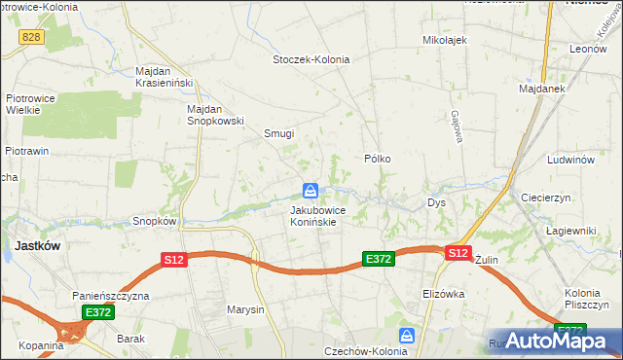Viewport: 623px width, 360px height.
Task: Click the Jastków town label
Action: click(37, 245)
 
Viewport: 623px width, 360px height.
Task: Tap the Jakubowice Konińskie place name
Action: click(313, 215)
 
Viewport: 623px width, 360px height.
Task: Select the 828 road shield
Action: click(32, 36)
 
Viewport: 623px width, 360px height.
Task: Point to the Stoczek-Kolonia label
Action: click(311, 59)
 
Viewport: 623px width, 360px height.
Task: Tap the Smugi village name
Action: click(279, 134)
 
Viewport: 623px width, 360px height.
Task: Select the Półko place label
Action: click(378, 158)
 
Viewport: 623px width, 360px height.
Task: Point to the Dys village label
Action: click(436, 203)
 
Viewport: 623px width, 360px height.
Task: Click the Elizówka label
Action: click(444, 293)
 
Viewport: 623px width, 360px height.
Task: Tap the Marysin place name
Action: click(245, 310)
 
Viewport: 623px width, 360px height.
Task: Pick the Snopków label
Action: click(154, 221)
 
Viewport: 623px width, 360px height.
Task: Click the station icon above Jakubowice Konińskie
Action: click(311, 190)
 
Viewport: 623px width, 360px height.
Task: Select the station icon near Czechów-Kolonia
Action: click(407, 336)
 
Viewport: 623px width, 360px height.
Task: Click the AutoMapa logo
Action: click(558, 341)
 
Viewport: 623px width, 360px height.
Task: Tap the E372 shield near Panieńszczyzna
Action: click(97, 312)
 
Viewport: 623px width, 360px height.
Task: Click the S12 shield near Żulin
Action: click(458, 252)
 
